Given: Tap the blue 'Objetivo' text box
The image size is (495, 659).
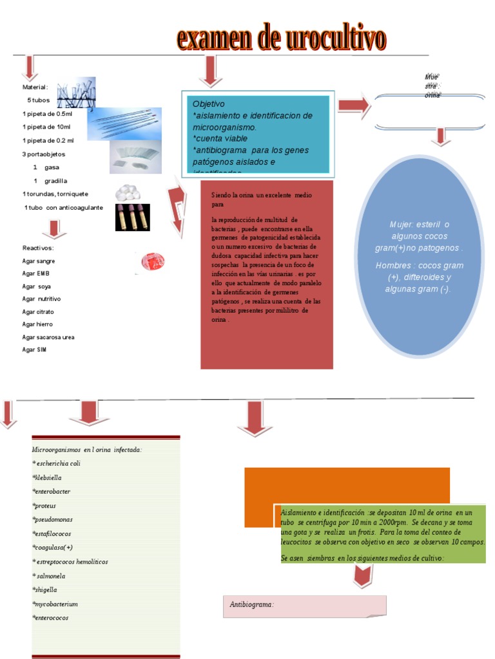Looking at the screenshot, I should (258, 135).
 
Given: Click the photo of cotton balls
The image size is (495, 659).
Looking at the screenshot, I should (127, 192).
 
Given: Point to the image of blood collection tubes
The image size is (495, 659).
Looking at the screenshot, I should (132, 218).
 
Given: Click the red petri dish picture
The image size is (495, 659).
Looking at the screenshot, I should (153, 261).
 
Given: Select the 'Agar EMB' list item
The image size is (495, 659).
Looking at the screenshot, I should (36, 274).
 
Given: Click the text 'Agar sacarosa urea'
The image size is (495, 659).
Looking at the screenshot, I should (48, 337).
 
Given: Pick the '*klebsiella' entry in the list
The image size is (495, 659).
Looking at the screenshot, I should (47, 478).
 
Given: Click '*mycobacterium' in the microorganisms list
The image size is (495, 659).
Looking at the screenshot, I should (55, 604).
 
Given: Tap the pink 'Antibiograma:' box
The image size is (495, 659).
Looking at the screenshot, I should (304, 606).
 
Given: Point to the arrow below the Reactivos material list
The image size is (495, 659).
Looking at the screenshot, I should (54, 229).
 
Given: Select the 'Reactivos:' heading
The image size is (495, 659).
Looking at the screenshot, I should (38, 248).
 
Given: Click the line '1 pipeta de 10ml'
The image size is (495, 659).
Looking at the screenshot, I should (47, 127).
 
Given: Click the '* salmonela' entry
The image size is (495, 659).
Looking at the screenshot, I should (48, 576).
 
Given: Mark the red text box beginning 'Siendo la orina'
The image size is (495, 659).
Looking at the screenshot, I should (267, 274).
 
